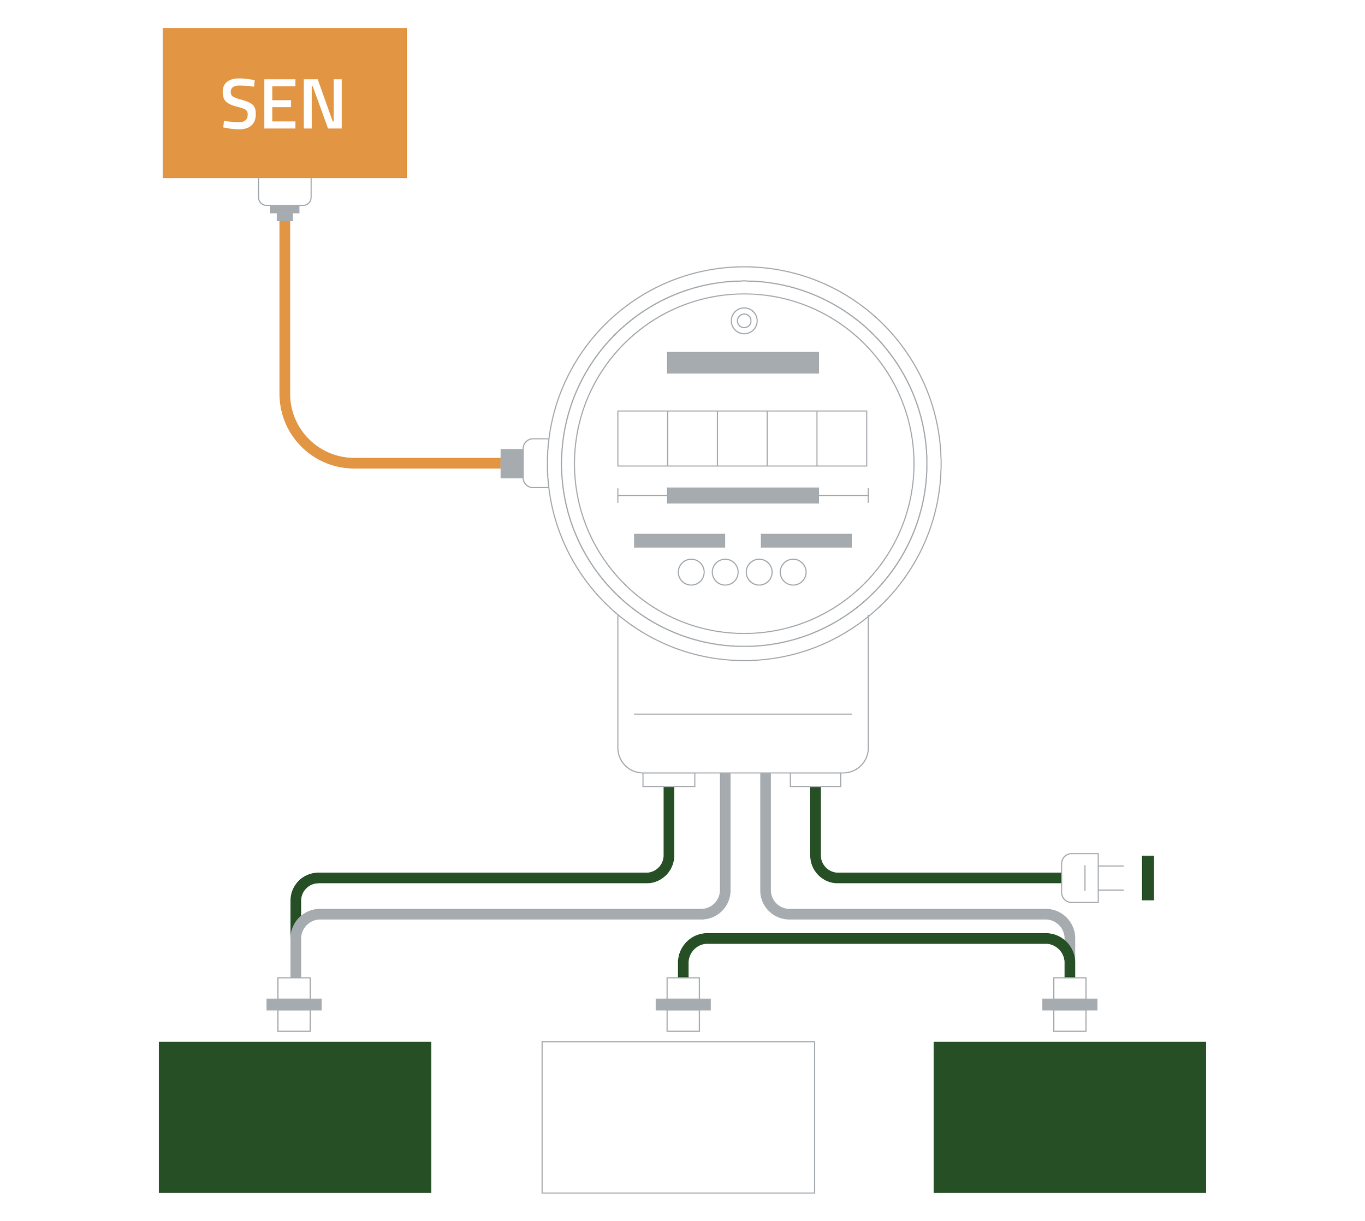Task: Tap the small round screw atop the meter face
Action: click(743, 321)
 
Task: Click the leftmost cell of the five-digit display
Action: click(642, 438)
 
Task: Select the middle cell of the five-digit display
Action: click(742, 438)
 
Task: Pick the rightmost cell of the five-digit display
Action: click(842, 438)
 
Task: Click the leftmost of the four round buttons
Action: click(691, 572)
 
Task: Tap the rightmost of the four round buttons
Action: click(793, 572)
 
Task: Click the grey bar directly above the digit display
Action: click(743, 363)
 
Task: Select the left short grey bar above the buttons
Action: click(679, 540)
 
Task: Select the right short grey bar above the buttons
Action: click(806, 540)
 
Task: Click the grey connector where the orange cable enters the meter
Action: click(511, 463)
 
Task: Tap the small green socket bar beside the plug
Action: click(1148, 878)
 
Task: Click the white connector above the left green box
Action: click(294, 1004)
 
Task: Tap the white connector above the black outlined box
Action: click(683, 1004)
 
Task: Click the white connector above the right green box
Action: click(1069, 1004)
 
